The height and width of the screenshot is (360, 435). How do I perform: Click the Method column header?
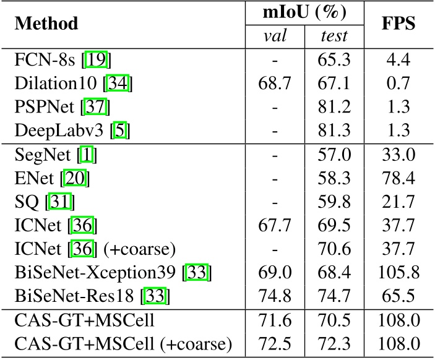point(46,24)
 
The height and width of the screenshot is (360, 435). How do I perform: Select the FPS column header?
point(398,24)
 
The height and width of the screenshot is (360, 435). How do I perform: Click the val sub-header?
point(275,36)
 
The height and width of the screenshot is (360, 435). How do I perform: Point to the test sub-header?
point(334,36)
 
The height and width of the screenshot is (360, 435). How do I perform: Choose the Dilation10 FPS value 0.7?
point(398,84)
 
